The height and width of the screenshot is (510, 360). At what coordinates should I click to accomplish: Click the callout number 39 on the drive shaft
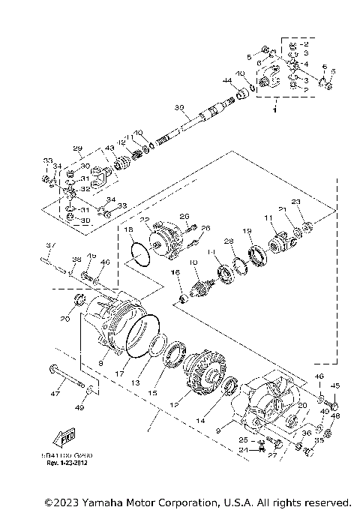178,108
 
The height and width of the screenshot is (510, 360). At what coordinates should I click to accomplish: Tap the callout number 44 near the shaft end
226,80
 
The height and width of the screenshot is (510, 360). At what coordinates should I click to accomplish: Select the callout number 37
50,245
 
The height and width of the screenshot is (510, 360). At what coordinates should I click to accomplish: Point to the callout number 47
55,392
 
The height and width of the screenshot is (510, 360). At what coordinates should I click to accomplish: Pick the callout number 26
206,228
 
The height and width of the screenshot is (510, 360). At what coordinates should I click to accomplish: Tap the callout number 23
295,202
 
